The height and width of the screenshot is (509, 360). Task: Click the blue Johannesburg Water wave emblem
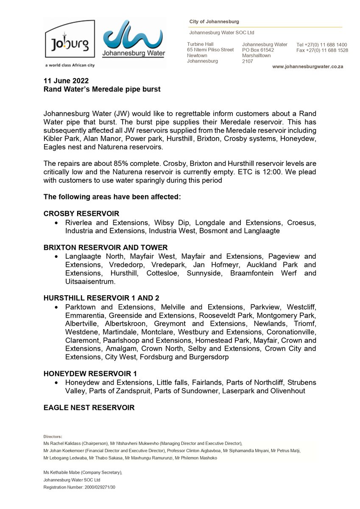click(x=134, y=38)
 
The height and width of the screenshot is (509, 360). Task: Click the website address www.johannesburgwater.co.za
click(x=307, y=67)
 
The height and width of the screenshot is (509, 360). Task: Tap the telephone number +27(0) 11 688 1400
click(x=327, y=45)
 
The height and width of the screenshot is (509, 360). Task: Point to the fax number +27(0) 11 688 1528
click(x=327, y=50)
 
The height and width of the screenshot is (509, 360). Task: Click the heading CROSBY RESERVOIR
click(x=81, y=213)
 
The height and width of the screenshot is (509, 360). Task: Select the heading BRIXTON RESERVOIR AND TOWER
click(x=106, y=247)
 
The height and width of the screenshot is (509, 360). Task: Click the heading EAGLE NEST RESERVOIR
click(x=89, y=408)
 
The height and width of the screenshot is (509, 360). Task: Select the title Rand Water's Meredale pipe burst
click(x=102, y=89)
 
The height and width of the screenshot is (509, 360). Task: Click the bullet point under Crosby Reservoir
click(x=56, y=223)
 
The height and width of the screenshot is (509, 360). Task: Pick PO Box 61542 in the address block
click(x=258, y=50)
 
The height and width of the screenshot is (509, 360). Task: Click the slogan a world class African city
click(x=70, y=65)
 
